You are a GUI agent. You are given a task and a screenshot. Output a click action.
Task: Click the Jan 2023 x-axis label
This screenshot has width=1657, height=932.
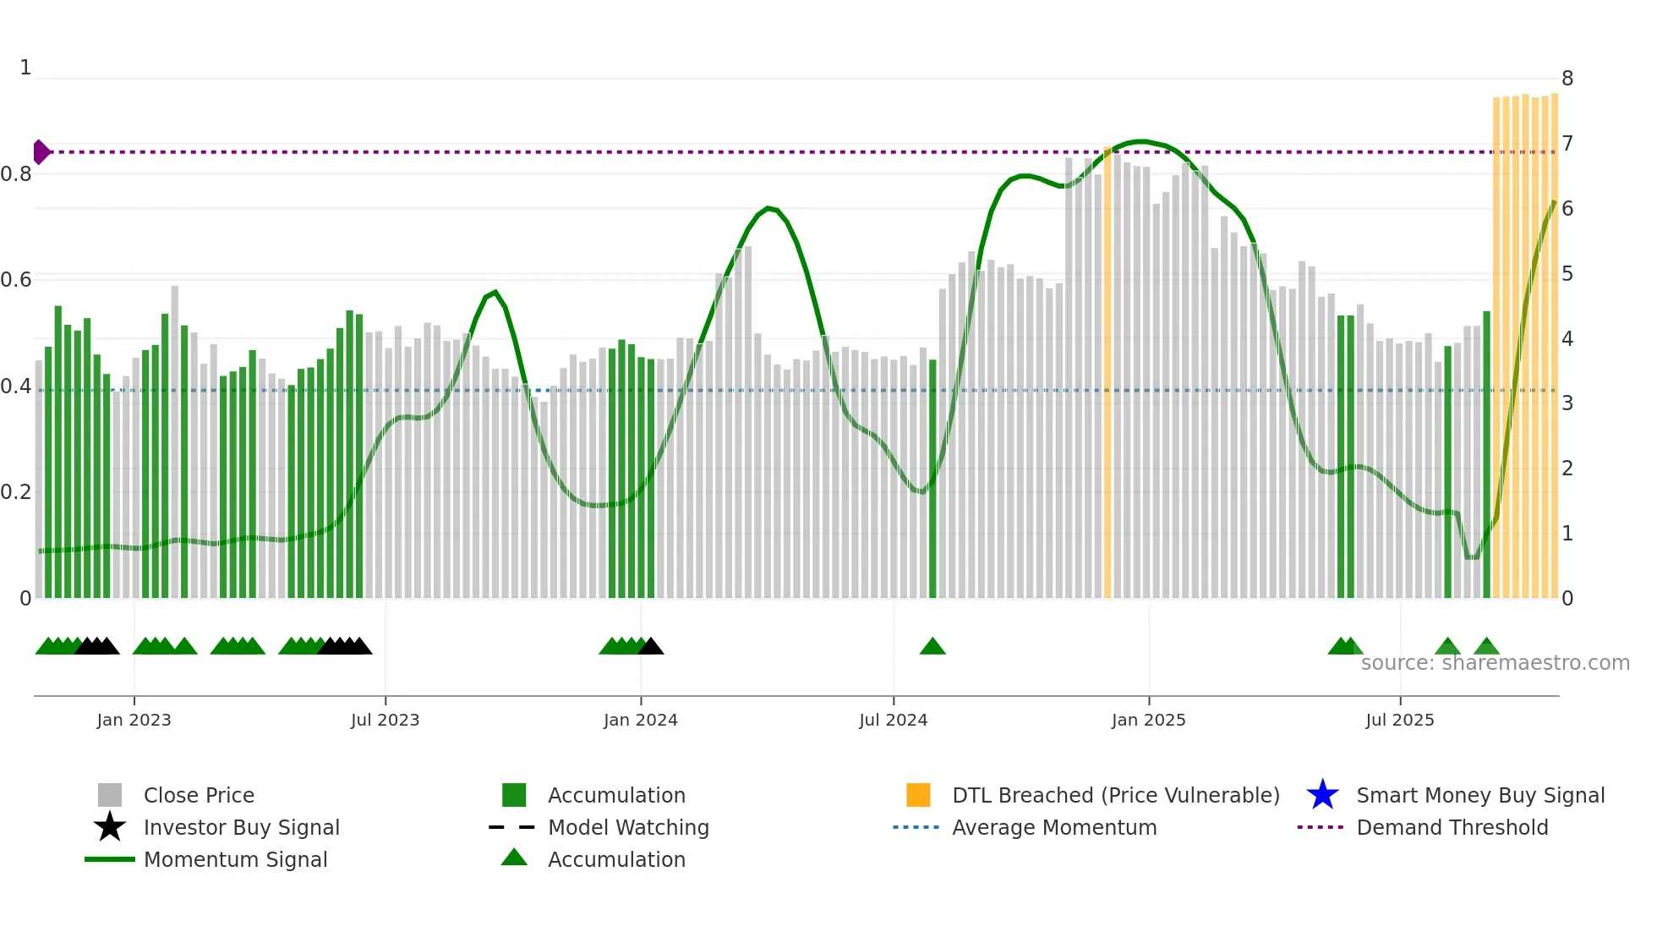click(134, 720)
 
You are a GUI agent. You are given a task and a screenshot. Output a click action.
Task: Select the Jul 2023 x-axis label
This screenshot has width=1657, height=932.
click(385, 720)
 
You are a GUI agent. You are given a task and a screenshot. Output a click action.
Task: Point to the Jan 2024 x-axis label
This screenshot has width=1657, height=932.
click(640, 720)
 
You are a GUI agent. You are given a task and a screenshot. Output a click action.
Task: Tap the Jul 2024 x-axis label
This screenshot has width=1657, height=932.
click(893, 720)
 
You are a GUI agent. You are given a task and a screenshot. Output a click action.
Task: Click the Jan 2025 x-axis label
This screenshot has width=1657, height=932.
click(1148, 720)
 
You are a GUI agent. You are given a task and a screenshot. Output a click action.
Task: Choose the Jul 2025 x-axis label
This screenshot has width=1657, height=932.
click(1399, 720)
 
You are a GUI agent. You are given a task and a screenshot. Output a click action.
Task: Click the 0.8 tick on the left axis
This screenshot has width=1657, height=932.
click(16, 174)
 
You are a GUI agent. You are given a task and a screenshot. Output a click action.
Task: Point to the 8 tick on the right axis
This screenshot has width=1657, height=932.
click(1567, 79)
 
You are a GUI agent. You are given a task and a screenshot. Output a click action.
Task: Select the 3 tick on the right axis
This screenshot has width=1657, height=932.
click(1567, 403)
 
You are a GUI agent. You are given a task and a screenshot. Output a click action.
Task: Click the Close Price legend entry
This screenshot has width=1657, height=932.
click(199, 795)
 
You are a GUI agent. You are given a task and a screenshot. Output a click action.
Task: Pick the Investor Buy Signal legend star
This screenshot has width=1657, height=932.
click(110, 827)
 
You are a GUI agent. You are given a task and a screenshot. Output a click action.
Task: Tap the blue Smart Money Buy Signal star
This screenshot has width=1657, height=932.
click(1322, 795)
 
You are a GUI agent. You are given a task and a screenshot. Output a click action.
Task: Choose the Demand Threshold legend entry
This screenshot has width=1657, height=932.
click(1452, 827)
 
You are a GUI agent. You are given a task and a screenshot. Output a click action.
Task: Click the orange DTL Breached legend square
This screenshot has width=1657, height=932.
click(918, 795)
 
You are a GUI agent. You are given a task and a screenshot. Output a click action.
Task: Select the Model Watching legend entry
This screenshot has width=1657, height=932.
click(628, 827)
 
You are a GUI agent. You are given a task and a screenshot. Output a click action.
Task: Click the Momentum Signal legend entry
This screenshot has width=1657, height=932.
click(235, 859)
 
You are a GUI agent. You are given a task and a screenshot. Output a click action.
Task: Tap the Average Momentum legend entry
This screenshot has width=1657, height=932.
click(1054, 827)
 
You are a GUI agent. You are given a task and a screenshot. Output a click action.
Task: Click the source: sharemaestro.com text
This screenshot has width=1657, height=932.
click(1495, 663)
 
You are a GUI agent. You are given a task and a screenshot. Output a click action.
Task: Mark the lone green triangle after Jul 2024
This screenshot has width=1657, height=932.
click(932, 647)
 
